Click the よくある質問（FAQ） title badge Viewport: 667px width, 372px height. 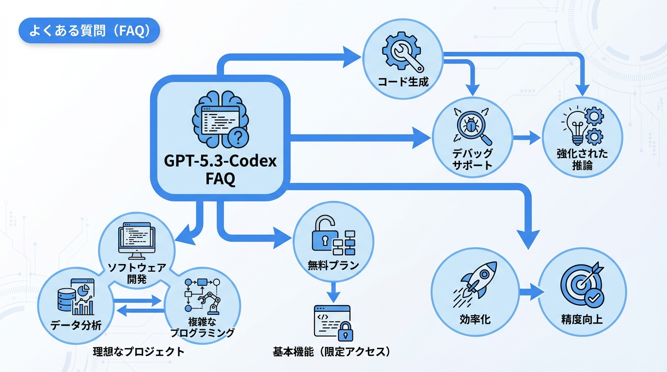click(x=89, y=31)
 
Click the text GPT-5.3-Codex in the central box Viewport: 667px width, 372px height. click(x=220, y=161)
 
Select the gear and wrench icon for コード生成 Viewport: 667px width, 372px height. click(x=403, y=53)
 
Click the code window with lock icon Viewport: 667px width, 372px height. click(x=333, y=322)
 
